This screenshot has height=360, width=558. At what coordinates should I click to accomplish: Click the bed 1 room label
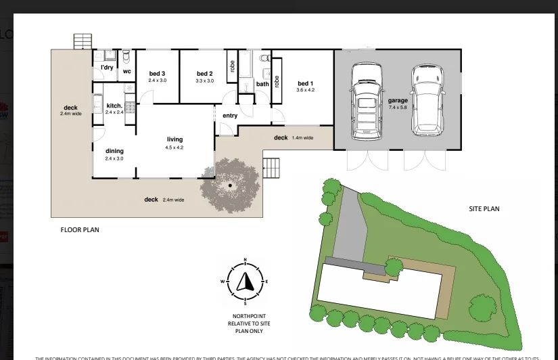click(x=305, y=84)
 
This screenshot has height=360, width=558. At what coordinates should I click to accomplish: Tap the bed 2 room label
click(x=205, y=74)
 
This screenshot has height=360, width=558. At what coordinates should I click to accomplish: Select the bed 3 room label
click(x=158, y=74)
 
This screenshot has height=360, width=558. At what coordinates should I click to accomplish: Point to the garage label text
click(x=398, y=101)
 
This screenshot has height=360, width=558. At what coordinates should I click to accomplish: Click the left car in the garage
click(x=365, y=101)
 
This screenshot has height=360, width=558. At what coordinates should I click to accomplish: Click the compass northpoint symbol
click(x=245, y=279)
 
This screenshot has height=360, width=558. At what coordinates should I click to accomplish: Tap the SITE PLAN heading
click(x=484, y=209)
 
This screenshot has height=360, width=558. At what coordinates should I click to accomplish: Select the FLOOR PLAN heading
click(x=80, y=230)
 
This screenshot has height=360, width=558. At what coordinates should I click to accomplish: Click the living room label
click(x=175, y=139)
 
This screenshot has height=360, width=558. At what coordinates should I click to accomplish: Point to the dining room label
click(x=114, y=151)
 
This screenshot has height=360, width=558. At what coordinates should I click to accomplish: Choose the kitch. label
click(x=114, y=106)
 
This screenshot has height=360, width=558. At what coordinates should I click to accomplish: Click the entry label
click(x=230, y=116)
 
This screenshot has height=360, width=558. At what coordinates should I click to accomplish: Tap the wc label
click(x=126, y=71)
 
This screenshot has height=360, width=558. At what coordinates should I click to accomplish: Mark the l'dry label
click(x=107, y=68)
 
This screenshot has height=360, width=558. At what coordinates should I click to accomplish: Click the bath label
click(x=262, y=85)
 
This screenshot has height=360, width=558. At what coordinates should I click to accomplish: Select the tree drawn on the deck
click(x=230, y=185)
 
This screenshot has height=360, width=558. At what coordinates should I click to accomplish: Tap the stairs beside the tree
click(x=271, y=167)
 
